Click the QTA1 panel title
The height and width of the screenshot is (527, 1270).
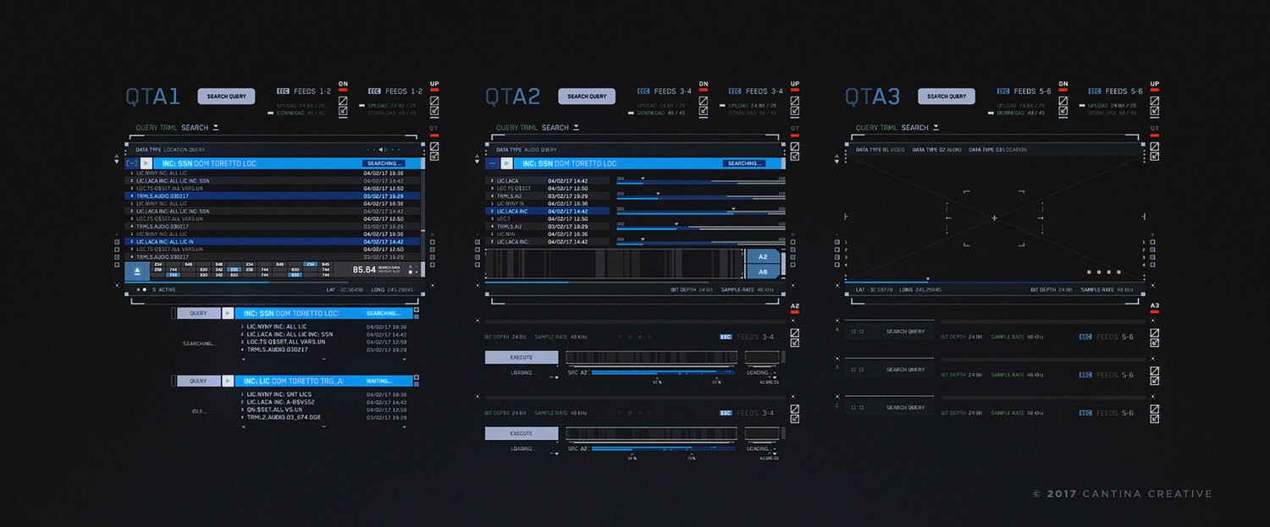tap(152, 96)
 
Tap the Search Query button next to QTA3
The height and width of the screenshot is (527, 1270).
tap(946, 96)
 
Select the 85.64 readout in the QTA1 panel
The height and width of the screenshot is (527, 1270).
tap(364, 270)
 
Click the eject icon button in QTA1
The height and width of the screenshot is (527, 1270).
tap(137, 270)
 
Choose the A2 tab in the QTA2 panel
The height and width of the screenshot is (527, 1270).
tap(762, 256)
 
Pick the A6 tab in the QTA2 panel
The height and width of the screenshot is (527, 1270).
tap(762, 272)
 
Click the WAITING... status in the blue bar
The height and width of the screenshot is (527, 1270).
tap(378, 381)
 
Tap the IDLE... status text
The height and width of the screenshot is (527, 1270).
tap(200, 411)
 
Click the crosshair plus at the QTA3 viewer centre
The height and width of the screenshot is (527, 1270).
tap(994, 218)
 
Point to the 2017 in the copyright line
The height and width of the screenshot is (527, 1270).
tap(1062, 494)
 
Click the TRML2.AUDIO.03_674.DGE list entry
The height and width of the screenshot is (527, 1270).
tap(284, 418)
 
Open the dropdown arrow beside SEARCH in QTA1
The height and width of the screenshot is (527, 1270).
tap(216, 128)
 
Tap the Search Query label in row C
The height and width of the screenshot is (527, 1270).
tap(905, 408)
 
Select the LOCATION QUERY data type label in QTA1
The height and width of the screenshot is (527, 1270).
tap(184, 150)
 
